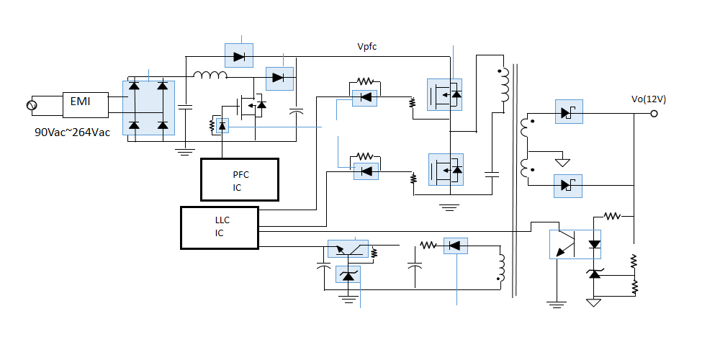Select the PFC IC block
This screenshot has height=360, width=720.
tap(239, 180)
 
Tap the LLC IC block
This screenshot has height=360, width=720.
tap(219, 228)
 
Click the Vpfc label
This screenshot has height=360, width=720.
tap(367, 47)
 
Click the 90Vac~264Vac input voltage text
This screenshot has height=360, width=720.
tap(73, 133)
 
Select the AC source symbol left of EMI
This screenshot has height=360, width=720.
tap(32, 106)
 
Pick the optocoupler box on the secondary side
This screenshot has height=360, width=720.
tap(575, 244)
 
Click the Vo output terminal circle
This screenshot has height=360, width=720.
tap(654, 114)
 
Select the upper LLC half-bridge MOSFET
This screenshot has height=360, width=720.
tap(446, 94)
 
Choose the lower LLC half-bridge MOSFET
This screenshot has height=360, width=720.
tap(446, 170)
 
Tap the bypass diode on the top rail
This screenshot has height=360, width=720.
tap(239, 54)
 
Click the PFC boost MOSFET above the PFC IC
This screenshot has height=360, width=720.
tap(252, 107)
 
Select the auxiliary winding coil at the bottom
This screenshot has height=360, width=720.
tap(500, 268)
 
